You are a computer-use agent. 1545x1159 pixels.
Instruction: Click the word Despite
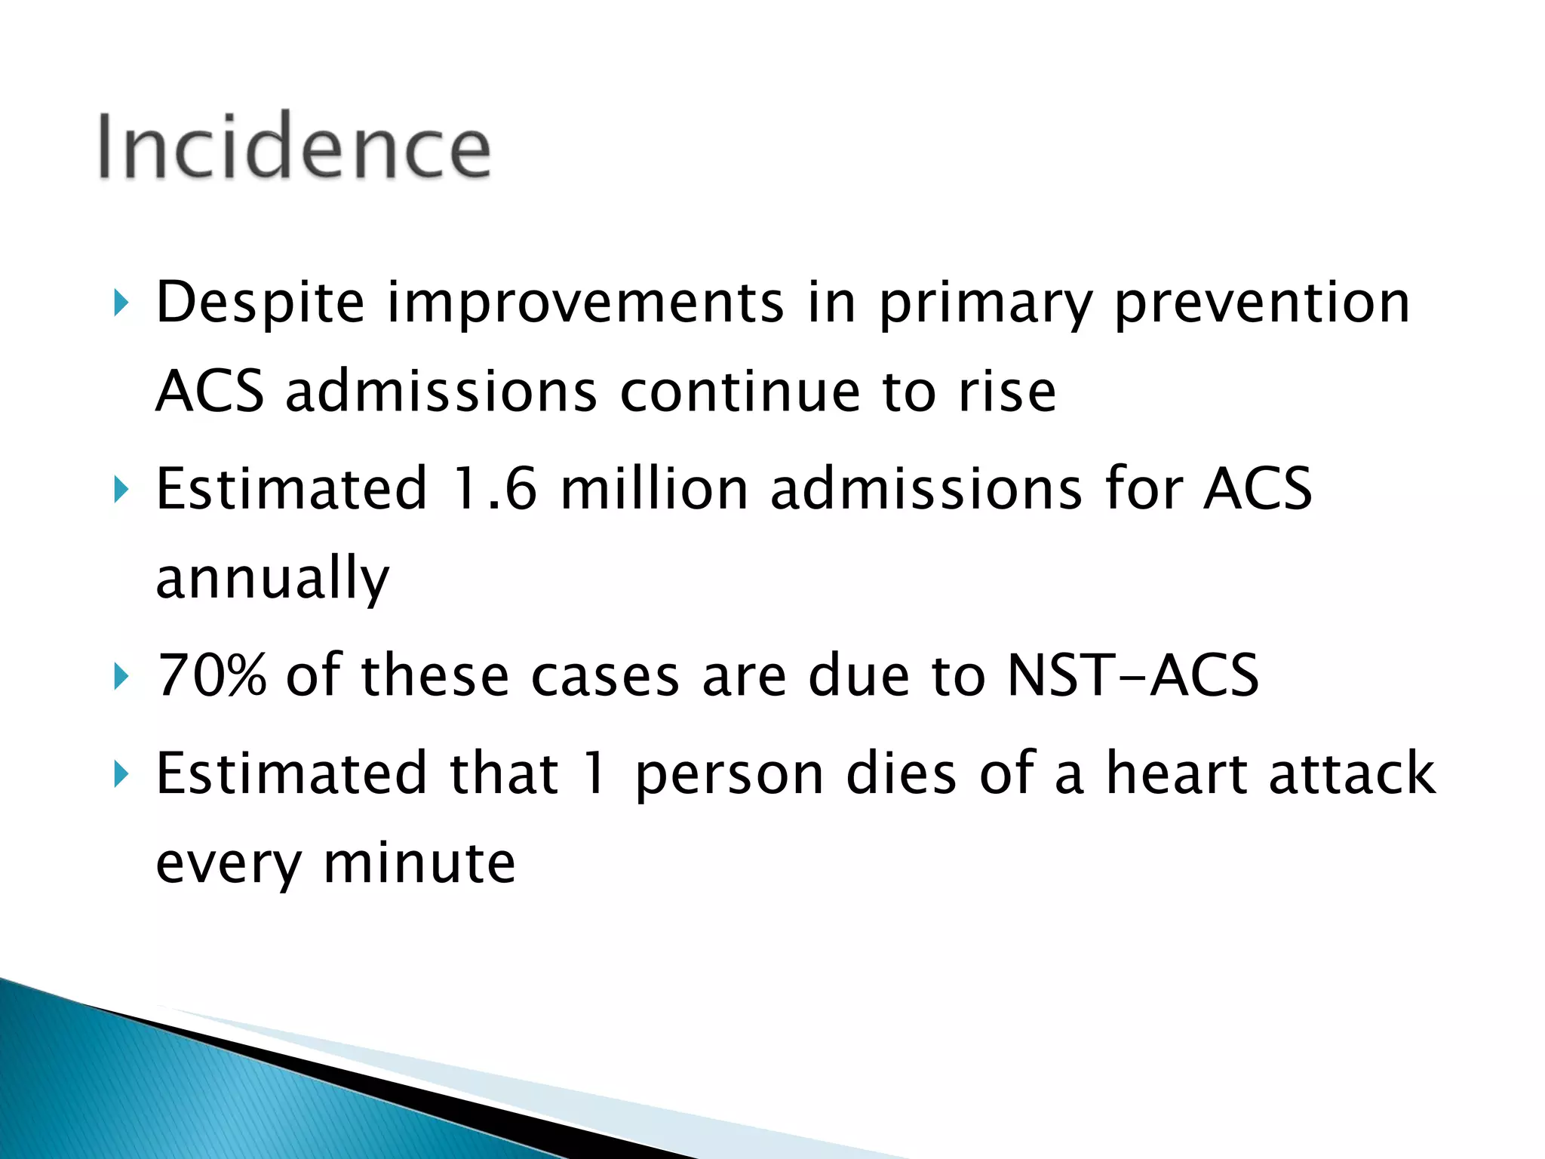260,304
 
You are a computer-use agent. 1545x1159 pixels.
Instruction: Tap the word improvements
585,304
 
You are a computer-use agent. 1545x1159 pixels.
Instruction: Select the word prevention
1261,304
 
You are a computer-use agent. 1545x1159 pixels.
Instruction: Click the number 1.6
494,489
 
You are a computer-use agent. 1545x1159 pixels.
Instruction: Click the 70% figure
211,675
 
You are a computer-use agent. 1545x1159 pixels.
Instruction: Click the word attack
1352,773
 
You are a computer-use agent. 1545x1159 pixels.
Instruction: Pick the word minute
419,863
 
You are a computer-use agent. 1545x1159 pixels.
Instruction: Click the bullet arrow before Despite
121,304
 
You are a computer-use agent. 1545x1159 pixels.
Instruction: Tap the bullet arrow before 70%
121,676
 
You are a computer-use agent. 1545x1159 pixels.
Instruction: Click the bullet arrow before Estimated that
121,775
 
